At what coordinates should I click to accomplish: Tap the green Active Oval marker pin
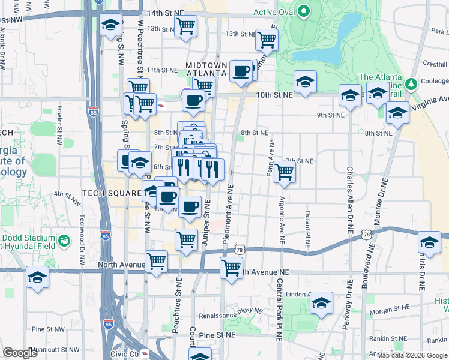[304, 11]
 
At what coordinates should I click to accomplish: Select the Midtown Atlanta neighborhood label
[206, 69]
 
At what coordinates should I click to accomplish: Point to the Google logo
[20, 353]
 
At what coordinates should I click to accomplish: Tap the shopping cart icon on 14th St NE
[186, 26]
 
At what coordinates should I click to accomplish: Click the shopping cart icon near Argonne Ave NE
[284, 172]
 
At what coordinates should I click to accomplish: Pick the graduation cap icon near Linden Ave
[322, 304]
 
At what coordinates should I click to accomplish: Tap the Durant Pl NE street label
[307, 221]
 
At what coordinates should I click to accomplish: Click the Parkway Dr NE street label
[346, 312]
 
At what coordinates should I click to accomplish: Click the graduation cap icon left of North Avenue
[37, 278]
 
